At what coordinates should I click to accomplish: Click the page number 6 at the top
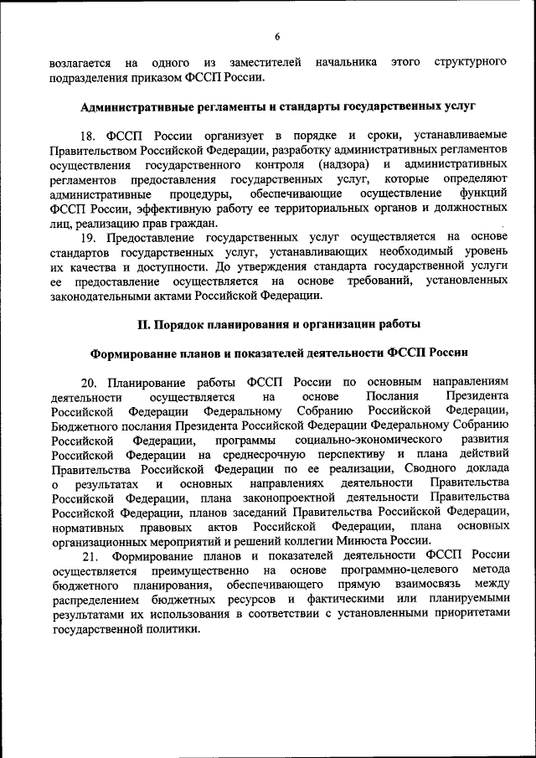point(277,35)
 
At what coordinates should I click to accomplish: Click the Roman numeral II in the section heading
point(143,323)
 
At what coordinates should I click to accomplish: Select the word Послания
point(393,395)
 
